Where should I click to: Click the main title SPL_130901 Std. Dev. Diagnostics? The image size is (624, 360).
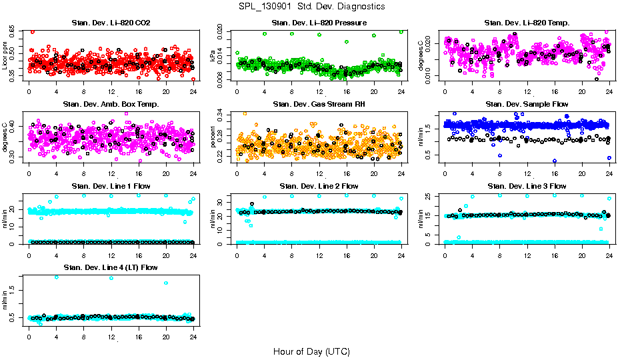(311, 7)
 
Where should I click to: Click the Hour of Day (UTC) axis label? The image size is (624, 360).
(311, 351)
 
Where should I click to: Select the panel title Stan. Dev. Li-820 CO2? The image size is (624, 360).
(111, 23)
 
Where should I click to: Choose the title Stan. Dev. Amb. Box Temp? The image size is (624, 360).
(111, 104)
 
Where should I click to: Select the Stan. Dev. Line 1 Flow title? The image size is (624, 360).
(111, 186)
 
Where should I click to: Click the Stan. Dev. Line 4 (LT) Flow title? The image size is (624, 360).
(111, 267)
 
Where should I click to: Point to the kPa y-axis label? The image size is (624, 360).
(213, 56)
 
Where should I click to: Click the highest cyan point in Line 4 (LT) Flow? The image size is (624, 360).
(56, 277)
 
